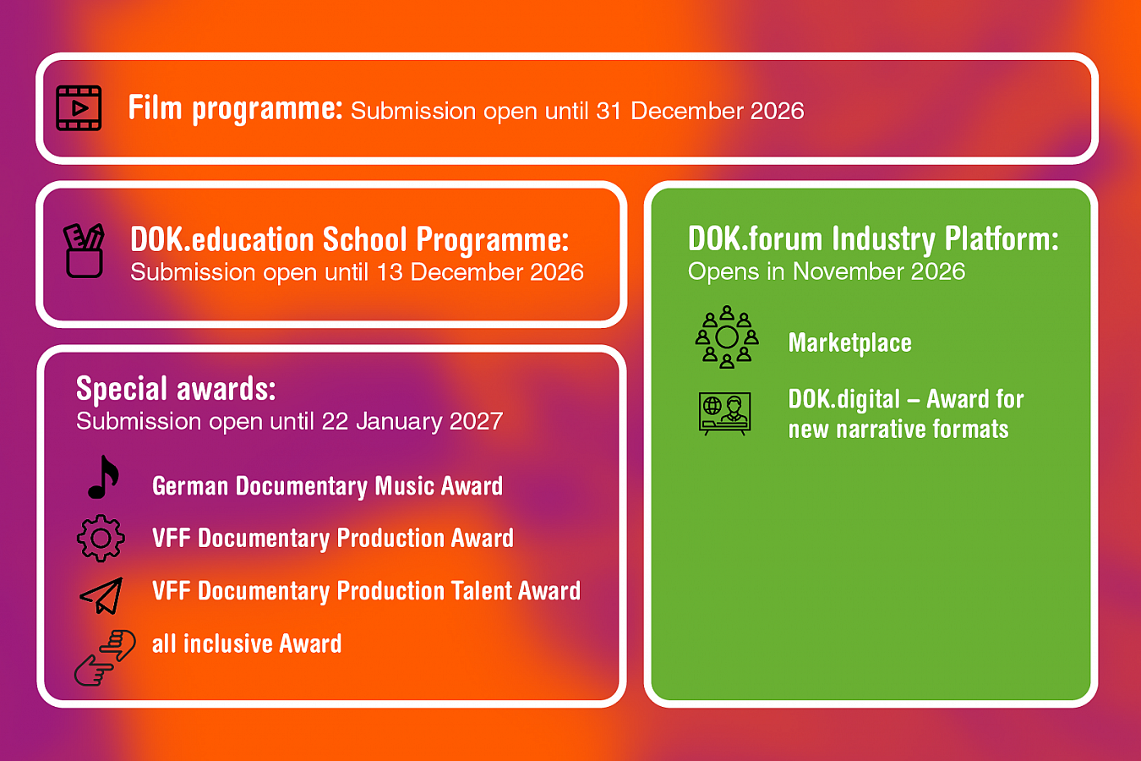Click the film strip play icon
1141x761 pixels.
point(79,108)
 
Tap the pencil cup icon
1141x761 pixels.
point(84,251)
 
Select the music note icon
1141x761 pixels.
point(103,477)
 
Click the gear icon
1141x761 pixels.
point(101,539)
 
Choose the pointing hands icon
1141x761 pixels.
point(105,658)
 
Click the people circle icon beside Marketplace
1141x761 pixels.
point(727,337)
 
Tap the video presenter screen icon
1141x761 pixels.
point(725,413)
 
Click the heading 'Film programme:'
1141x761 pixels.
point(235,108)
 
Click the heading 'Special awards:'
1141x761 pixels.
point(176,388)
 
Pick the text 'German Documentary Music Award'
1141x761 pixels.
point(328,485)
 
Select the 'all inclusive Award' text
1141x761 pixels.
point(247,643)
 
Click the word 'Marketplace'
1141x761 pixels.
point(849,342)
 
